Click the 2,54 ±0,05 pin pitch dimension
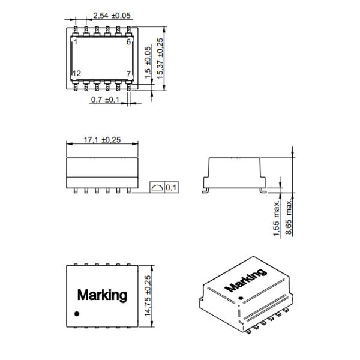[112, 16]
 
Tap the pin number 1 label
[76, 42]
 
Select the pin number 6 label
[128, 42]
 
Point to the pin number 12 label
[77, 73]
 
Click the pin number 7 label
[128, 74]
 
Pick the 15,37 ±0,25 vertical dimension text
[160, 59]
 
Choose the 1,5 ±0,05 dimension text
[148, 62]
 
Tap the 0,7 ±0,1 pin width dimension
[105, 100]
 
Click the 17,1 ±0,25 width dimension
[102, 140]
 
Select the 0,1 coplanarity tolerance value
[171, 188]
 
